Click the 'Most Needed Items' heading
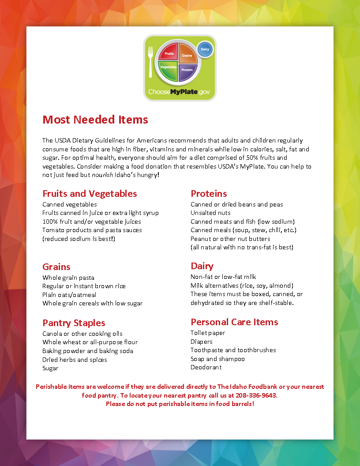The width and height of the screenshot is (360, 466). (x=95, y=120)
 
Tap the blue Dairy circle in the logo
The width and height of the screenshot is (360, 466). (x=205, y=49)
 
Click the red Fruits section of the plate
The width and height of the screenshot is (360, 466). (x=169, y=53)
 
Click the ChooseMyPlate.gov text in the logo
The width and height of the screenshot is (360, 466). (x=179, y=92)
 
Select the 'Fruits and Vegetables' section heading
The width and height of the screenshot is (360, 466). (x=90, y=194)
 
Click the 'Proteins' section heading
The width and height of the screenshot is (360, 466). (x=209, y=194)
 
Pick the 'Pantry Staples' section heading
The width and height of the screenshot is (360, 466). (x=74, y=323)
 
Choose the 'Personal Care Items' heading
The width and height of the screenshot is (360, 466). (x=234, y=322)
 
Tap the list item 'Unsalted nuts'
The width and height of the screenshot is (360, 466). (x=210, y=213)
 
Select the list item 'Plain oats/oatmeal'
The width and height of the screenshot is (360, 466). (x=69, y=295)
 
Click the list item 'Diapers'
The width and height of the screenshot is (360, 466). (x=201, y=342)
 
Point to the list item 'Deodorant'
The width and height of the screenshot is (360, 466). (x=206, y=367)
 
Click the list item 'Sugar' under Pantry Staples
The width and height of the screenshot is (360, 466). (x=50, y=368)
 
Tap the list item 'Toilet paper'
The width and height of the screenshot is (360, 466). (x=208, y=333)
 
